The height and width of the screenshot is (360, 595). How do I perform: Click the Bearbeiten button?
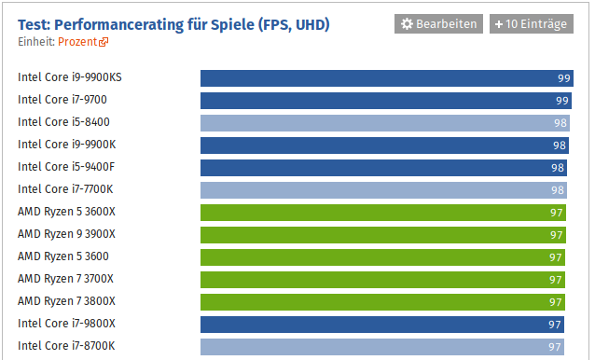pyautogui.click(x=438, y=23)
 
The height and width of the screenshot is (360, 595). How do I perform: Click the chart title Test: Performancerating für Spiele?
pyautogui.click(x=173, y=23)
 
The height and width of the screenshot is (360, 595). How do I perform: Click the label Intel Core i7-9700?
pyautogui.click(x=61, y=100)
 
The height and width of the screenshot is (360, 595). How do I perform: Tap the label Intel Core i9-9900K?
pyautogui.click(x=64, y=145)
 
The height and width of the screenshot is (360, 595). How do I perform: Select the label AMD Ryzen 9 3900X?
pyautogui.click(x=66, y=234)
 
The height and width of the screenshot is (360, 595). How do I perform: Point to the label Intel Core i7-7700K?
pyautogui.click(x=64, y=189)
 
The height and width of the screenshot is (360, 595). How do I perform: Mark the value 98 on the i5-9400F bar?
pyautogui.click(x=558, y=168)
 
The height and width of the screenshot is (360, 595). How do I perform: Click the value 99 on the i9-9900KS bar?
pyautogui.click(x=563, y=78)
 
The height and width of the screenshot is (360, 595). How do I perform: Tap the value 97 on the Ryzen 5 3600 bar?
pyautogui.click(x=556, y=257)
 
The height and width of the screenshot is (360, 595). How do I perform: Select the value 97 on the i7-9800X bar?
pyautogui.click(x=555, y=325)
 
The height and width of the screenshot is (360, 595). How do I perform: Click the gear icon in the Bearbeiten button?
pyautogui.click(x=407, y=23)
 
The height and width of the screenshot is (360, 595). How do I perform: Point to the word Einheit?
pyautogui.click(x=35, y=42)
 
